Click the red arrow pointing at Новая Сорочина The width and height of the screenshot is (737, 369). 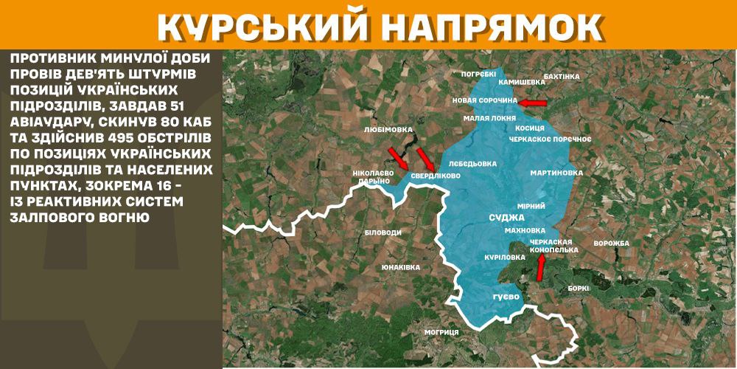tap(532, 103)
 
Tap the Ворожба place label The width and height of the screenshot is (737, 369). tap(611, 244)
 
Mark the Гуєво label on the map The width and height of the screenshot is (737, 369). tap(506, 297)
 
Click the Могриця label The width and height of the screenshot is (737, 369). tap(441, 332)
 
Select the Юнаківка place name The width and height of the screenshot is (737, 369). tap(401, 267)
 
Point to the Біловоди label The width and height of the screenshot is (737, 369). tap(383, 232)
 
